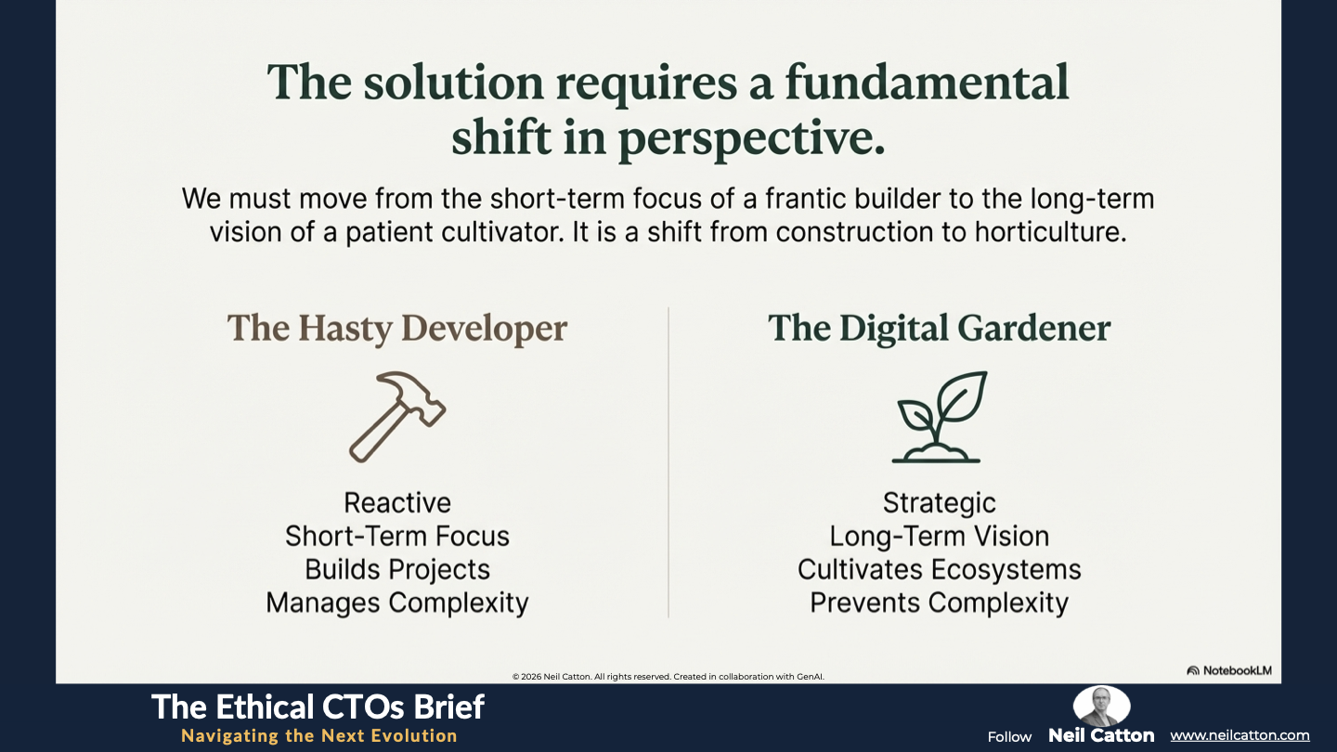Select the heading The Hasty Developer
[397, 329]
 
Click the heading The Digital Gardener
[939, 329]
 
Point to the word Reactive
[397, 502]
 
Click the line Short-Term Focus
[397, 536]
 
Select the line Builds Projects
[397, 570]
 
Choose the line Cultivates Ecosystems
[939, 570]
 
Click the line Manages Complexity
[397, 603]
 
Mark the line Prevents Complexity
[939, 603]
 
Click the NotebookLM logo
[1229, 671]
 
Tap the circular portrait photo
[1101, 706]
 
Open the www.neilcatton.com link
[1240, 735]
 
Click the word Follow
[1009, 737]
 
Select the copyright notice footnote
[668, 677]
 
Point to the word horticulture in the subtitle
[1050, 232]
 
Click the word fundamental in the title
[927, 83]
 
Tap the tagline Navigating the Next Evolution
[319, 736]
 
